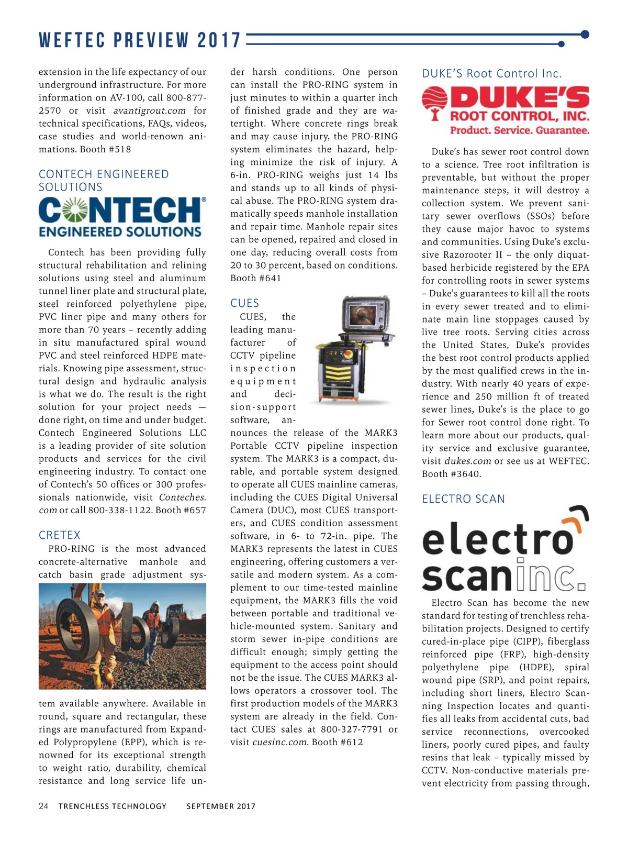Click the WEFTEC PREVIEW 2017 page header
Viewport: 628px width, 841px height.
(140, 40)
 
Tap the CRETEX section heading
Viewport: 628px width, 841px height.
(60, 535)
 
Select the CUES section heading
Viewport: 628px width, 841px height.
(244, 303)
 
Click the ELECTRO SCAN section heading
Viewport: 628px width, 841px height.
(463, 499)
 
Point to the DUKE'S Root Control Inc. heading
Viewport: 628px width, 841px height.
(491, 74)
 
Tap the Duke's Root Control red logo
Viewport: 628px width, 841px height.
(506, 111)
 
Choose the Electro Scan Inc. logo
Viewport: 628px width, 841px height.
(505, 549)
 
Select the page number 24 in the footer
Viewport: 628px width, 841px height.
(43, 806)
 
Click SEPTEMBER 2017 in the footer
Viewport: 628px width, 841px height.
(221, 806)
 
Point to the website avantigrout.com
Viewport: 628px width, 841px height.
(150, 111)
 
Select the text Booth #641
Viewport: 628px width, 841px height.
(255, 279)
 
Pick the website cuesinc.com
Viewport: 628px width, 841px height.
(280, 743)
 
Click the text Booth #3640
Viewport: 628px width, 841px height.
(451, 474)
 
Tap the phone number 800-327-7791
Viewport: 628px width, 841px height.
(352, 729)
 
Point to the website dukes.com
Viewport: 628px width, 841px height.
(467, 461)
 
